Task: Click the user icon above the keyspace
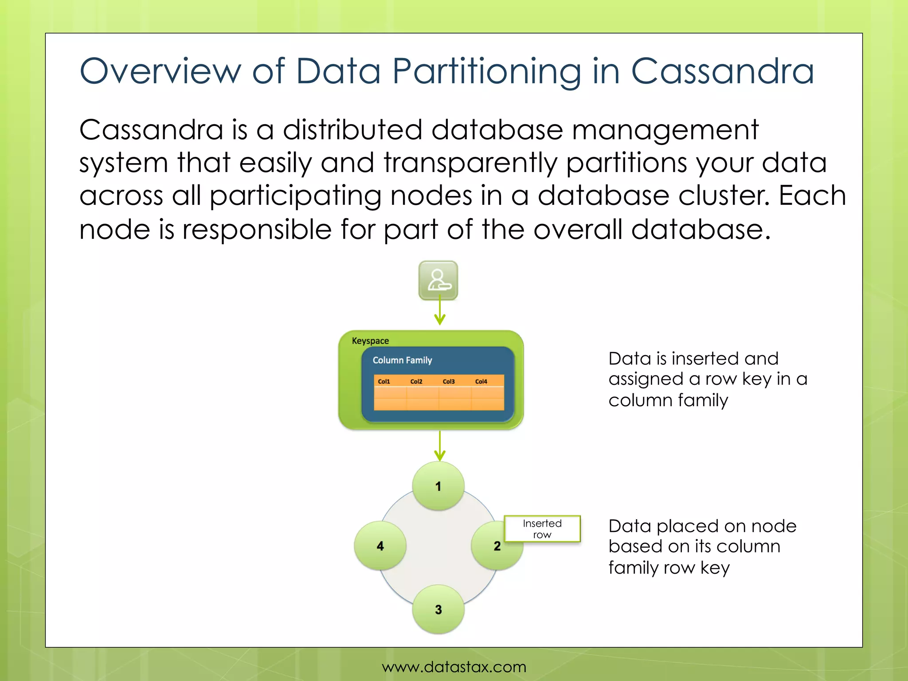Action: (x=438, y=280)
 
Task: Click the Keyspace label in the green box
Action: (x=370, y=341)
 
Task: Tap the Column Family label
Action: (x=402, y=360)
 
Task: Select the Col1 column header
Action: (x=384, y=381)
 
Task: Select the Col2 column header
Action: (x=416, y=381)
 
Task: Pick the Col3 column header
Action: (x=449, y=381)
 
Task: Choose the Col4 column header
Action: (x=481, y=381)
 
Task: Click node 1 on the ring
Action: (x=438, y=486)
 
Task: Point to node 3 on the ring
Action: (x=438, y=609)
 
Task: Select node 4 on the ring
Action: (x=380, y=546)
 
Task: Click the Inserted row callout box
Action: (x=542, y=528)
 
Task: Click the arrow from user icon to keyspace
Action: (x=439, y=313)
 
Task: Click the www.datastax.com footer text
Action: (x=454, y=666)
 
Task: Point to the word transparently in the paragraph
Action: (x=470, y=163)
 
